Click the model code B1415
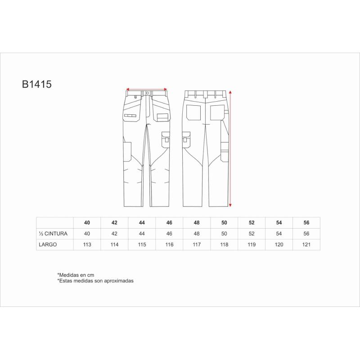(37, 84)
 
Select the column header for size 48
(197, 223)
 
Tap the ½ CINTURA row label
(53, 234)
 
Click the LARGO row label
(48, 244)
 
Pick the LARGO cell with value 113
(87, 244)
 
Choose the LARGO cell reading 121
(306, 244)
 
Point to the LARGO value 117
(197, 244)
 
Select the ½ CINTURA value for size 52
(252, 234)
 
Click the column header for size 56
(306, 223)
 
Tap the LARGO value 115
(142, 244)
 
